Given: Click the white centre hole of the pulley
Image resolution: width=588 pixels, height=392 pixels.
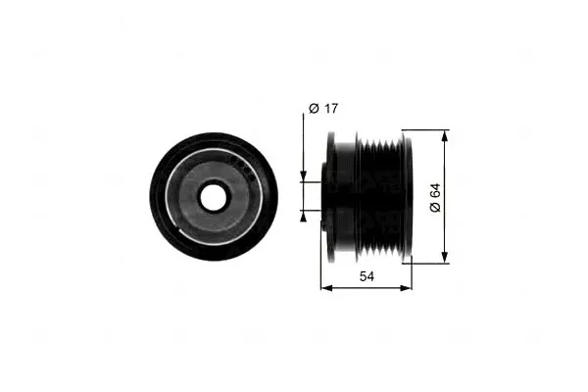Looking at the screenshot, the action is tap(214, 197).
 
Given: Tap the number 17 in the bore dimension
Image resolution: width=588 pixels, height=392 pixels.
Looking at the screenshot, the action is tap(331, 109).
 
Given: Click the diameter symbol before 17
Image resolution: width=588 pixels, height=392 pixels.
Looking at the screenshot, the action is tap(314, 109).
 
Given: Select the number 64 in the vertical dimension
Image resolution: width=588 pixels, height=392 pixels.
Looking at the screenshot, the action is tap(435, 191).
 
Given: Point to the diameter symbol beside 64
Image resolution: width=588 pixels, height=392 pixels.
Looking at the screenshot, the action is tap(435, 207).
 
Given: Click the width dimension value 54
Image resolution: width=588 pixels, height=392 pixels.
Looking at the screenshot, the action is tap(367, 276).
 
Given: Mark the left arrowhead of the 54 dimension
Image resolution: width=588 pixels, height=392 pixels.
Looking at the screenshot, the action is tap(326, 288).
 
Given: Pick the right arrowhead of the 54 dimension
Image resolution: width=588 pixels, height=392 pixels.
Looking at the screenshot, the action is tap(406, 288).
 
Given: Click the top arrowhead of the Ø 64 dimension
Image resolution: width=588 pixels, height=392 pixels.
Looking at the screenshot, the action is tap(444, 136).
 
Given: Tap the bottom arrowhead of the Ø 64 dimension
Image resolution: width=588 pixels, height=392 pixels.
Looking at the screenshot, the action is tap(444, 258).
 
